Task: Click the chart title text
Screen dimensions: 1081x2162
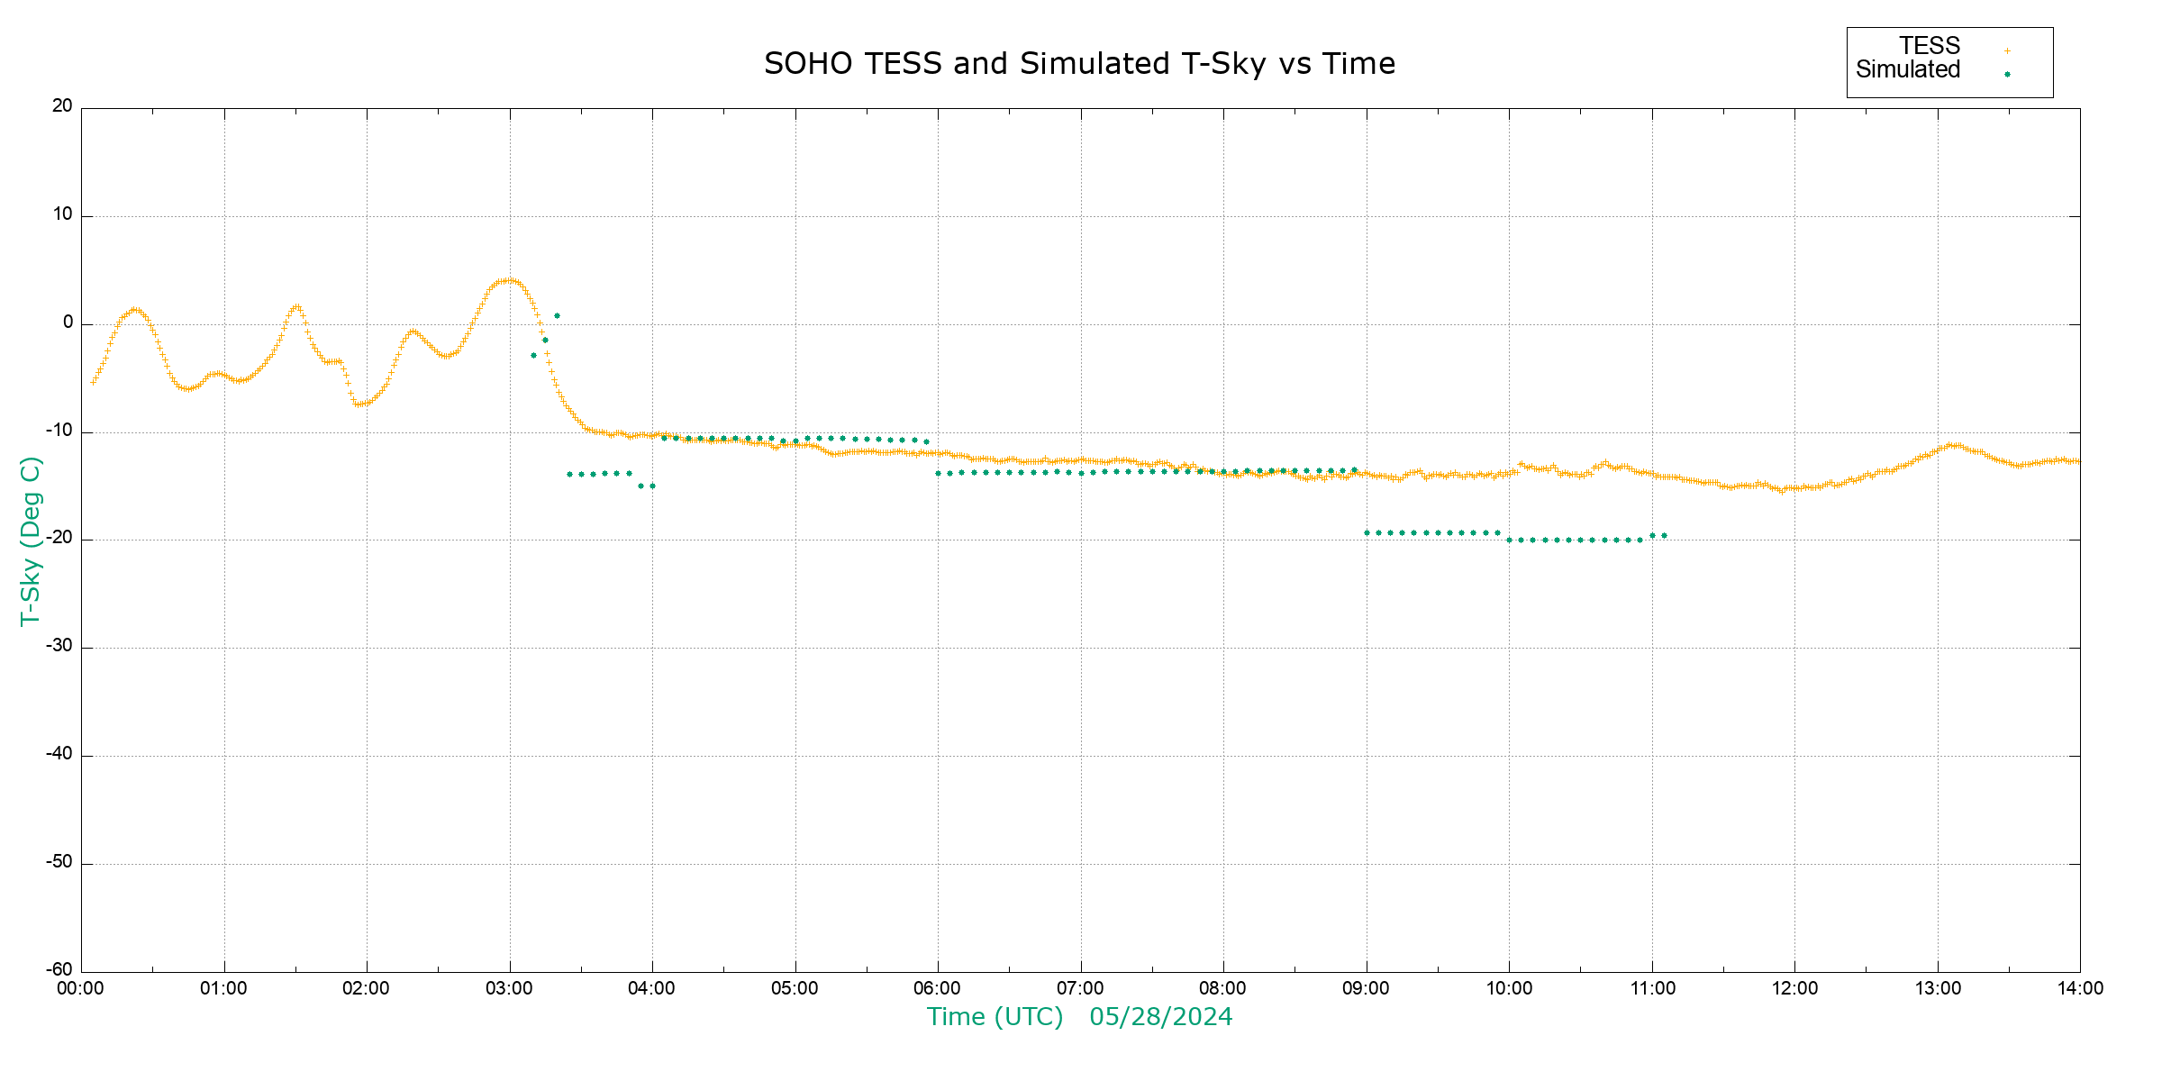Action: pyautogui.click(x=1079, y=64)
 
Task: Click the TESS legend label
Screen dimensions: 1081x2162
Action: pyautogui.click(x=1930, y=46)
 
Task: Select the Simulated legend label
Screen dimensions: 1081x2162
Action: pyautogui.click(x=1908, y=70)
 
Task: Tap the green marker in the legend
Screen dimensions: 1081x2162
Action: pyautogui.click(x=2007, y=75)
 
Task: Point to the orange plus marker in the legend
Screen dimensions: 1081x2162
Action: pyautogui.click(x=2007, y=51)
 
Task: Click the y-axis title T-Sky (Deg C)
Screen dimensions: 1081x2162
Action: pyautogui.click(x=31, y=540)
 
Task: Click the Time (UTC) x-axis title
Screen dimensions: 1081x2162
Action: pyautogui.click(x=995, y=1017)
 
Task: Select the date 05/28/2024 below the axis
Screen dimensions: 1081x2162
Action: pyautogui.click(x=1160, y=1017)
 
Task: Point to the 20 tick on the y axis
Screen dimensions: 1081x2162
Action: pyautogui.click(x=62, y=106)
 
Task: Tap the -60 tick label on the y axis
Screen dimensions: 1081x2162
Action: pyautogui.click(x=59, y=970)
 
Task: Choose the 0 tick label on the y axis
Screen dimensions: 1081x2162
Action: pyautogui.click(x=68, y=322)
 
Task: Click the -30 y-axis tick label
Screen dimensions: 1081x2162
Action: pyautogui.click(x=59, y=646)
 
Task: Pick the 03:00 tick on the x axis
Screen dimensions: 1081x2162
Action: pyautogui.click(x=509, y=988)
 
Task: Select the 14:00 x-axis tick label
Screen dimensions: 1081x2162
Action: pyautogui.click(x=2079, y=988)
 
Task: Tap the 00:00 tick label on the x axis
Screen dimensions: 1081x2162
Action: pyautogui.click(x=81, y=988)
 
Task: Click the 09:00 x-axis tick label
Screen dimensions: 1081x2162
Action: pyautogui.click(x=1366, y=988)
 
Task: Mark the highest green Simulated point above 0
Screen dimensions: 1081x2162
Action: pyautogui.click(x=557, y=316)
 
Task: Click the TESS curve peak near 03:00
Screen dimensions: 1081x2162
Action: pyautogui.click(x=509, y=280)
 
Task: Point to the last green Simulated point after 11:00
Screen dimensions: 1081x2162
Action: pyautogui.click(x=1664, y=536)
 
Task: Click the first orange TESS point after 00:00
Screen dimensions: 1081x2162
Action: pyautogui.click(x=93, y=382)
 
